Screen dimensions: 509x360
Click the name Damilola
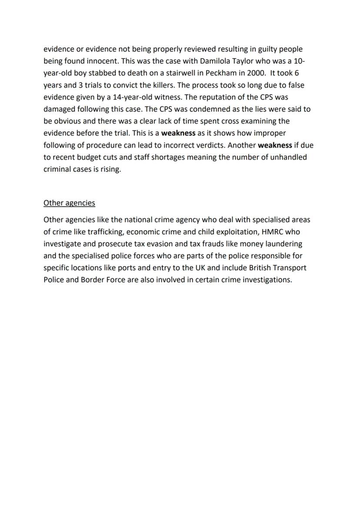pos(215,61)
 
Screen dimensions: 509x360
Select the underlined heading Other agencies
pos(69,203)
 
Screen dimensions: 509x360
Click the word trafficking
pos(103,232)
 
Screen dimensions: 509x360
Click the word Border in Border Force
pos(92,280)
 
